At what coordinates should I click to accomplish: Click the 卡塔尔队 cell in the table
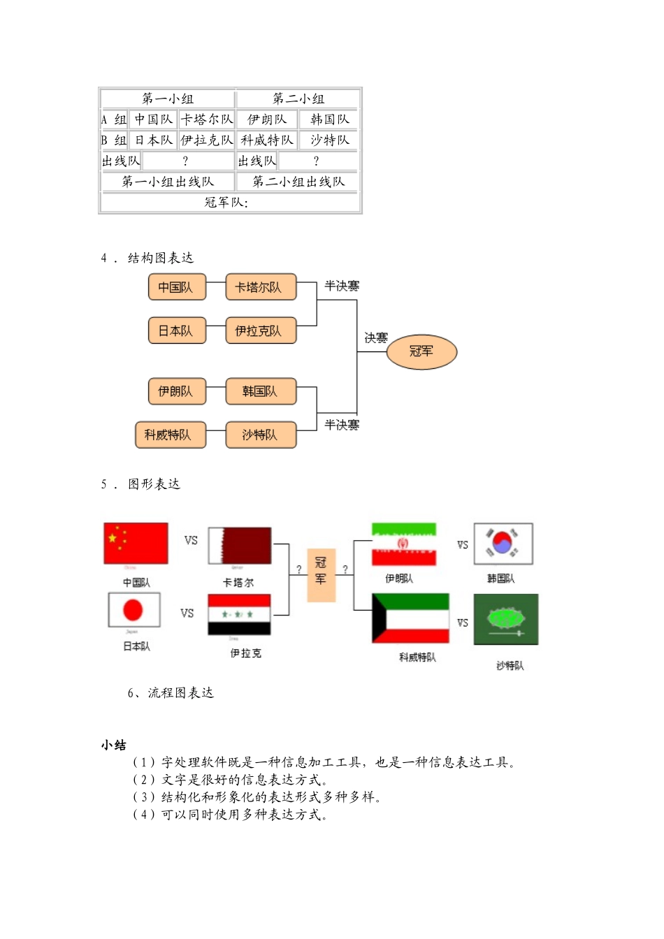[207, 119]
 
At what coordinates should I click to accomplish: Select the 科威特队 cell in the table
[267, 140]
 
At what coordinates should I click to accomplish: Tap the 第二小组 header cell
[298, 99]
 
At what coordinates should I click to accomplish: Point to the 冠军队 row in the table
[230, 203]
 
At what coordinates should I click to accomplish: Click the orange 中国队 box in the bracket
[177, 287]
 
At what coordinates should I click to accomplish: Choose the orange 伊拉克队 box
[261, 330]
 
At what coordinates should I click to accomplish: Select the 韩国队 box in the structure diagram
[261, 391]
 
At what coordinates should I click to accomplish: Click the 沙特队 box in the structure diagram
[261, 435]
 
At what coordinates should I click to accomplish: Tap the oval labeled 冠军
[421, 351]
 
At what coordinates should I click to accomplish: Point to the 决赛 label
[375, 338]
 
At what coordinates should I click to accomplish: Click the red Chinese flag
[136, 543]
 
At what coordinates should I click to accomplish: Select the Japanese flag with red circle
[134, 610]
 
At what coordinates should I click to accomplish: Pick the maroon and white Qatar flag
[240, 546]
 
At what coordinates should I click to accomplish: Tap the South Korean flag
[503, 544]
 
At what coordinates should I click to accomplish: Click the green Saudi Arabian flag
[506, 619]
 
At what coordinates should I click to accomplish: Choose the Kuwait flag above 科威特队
[411, 618]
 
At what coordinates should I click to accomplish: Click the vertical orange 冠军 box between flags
[322, 575]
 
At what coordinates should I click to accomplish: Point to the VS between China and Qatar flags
[191, 540]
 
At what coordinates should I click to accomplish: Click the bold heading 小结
[113, 745]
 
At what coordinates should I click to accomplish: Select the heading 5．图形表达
[140, 484]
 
